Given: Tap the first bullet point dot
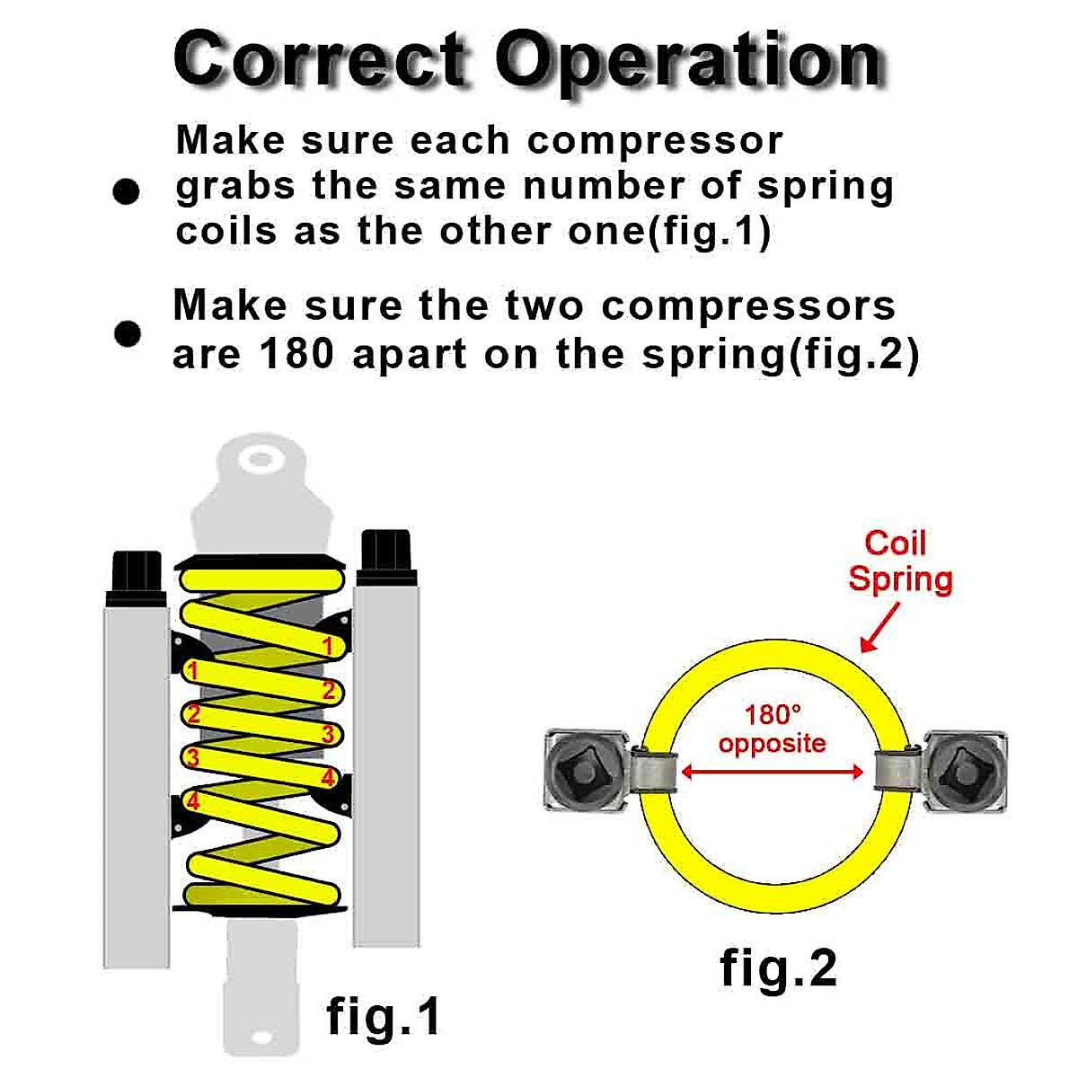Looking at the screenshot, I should [x=127, y=191].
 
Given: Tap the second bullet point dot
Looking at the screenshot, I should [x=128, y=333].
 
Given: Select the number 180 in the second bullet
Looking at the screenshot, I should [x=296, y=354].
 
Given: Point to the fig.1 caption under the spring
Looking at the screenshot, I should [x=383, y=1016].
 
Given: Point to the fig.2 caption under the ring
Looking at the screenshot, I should [x=778, y=968].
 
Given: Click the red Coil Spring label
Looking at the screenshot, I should [x=898, y=561].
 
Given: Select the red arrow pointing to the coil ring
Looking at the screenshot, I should [x=880, y=627].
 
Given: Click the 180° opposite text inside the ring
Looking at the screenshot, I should [x=772, y=729].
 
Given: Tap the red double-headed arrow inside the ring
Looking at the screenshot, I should [x=772, y=771].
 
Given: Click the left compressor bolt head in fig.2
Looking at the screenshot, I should [x=584, y=770].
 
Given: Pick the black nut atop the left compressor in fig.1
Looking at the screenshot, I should [x=137, y=577].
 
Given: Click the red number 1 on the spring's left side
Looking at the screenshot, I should [x=191, y=670].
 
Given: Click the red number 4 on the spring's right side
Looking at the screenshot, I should [x=328, y=777].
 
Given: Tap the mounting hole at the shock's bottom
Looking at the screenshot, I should [x=261, y=1037].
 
